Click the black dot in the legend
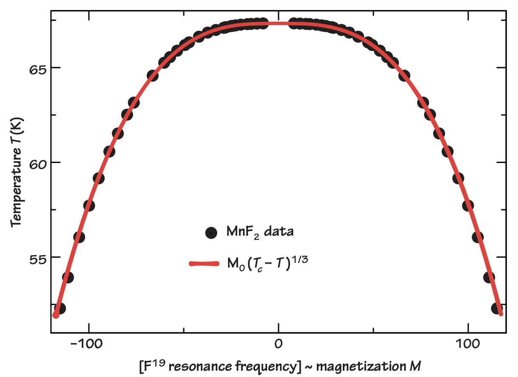(211, 233)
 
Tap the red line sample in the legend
(205, 264)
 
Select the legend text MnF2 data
(253, 232)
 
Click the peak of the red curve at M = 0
(278, 23)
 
